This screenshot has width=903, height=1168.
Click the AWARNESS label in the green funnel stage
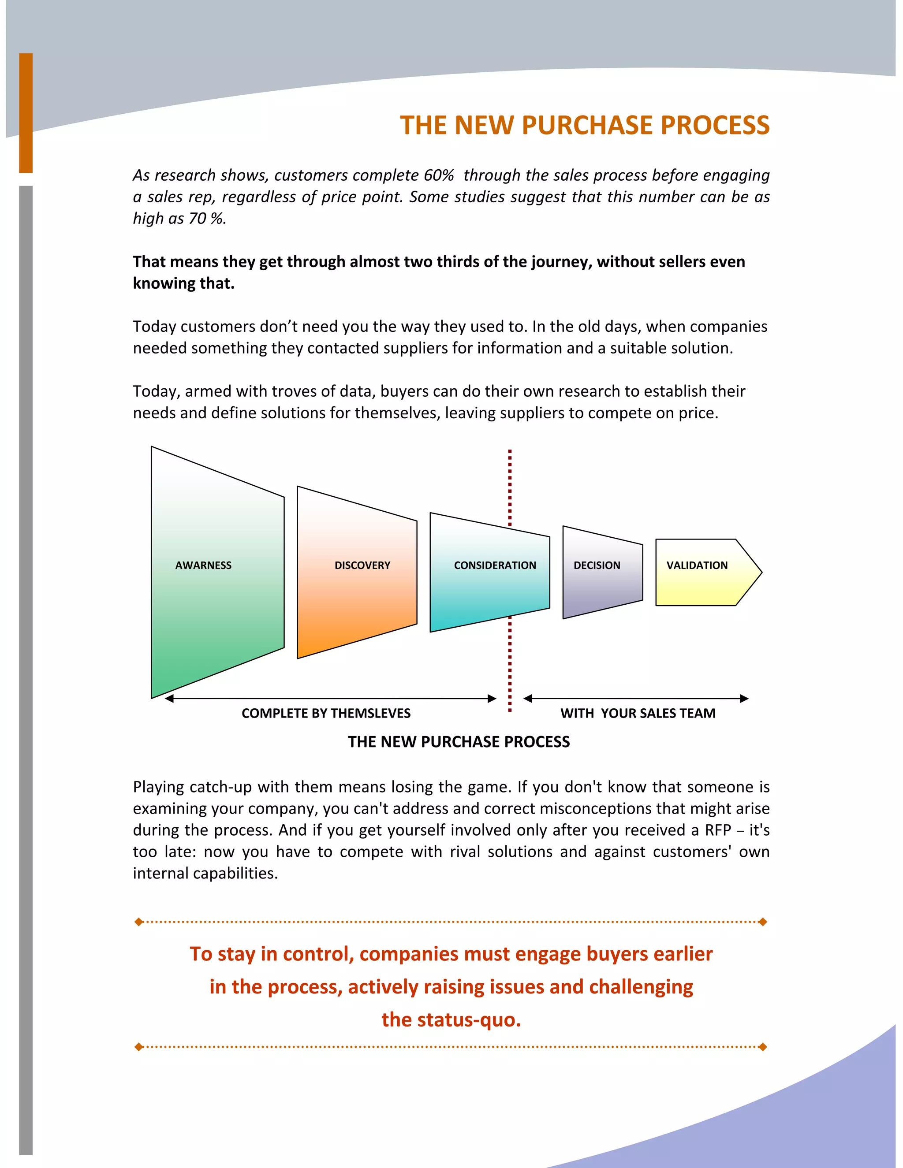coord(203,565)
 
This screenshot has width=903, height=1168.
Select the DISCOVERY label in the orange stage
coord(362,565)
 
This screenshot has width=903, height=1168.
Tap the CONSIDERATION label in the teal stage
coord(495,565)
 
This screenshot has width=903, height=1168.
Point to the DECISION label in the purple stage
coord(597,565)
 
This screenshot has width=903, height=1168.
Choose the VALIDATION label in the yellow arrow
coord(697,565)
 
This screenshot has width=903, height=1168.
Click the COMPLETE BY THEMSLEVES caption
coord(326,714)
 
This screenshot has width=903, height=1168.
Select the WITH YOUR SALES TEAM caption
coord(638,714)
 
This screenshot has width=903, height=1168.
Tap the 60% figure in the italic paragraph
coord(439,175)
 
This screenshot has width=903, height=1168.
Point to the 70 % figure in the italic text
coord(206,219)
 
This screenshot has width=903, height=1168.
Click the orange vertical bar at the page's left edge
coord(26,112)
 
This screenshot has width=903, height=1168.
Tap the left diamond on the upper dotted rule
coord(139,922)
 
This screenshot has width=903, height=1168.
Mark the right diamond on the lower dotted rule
coord(763,1047)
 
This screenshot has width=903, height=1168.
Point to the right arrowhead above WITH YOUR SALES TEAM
coord(744,699)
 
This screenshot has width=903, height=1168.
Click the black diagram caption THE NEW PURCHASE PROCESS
coord(459,742)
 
